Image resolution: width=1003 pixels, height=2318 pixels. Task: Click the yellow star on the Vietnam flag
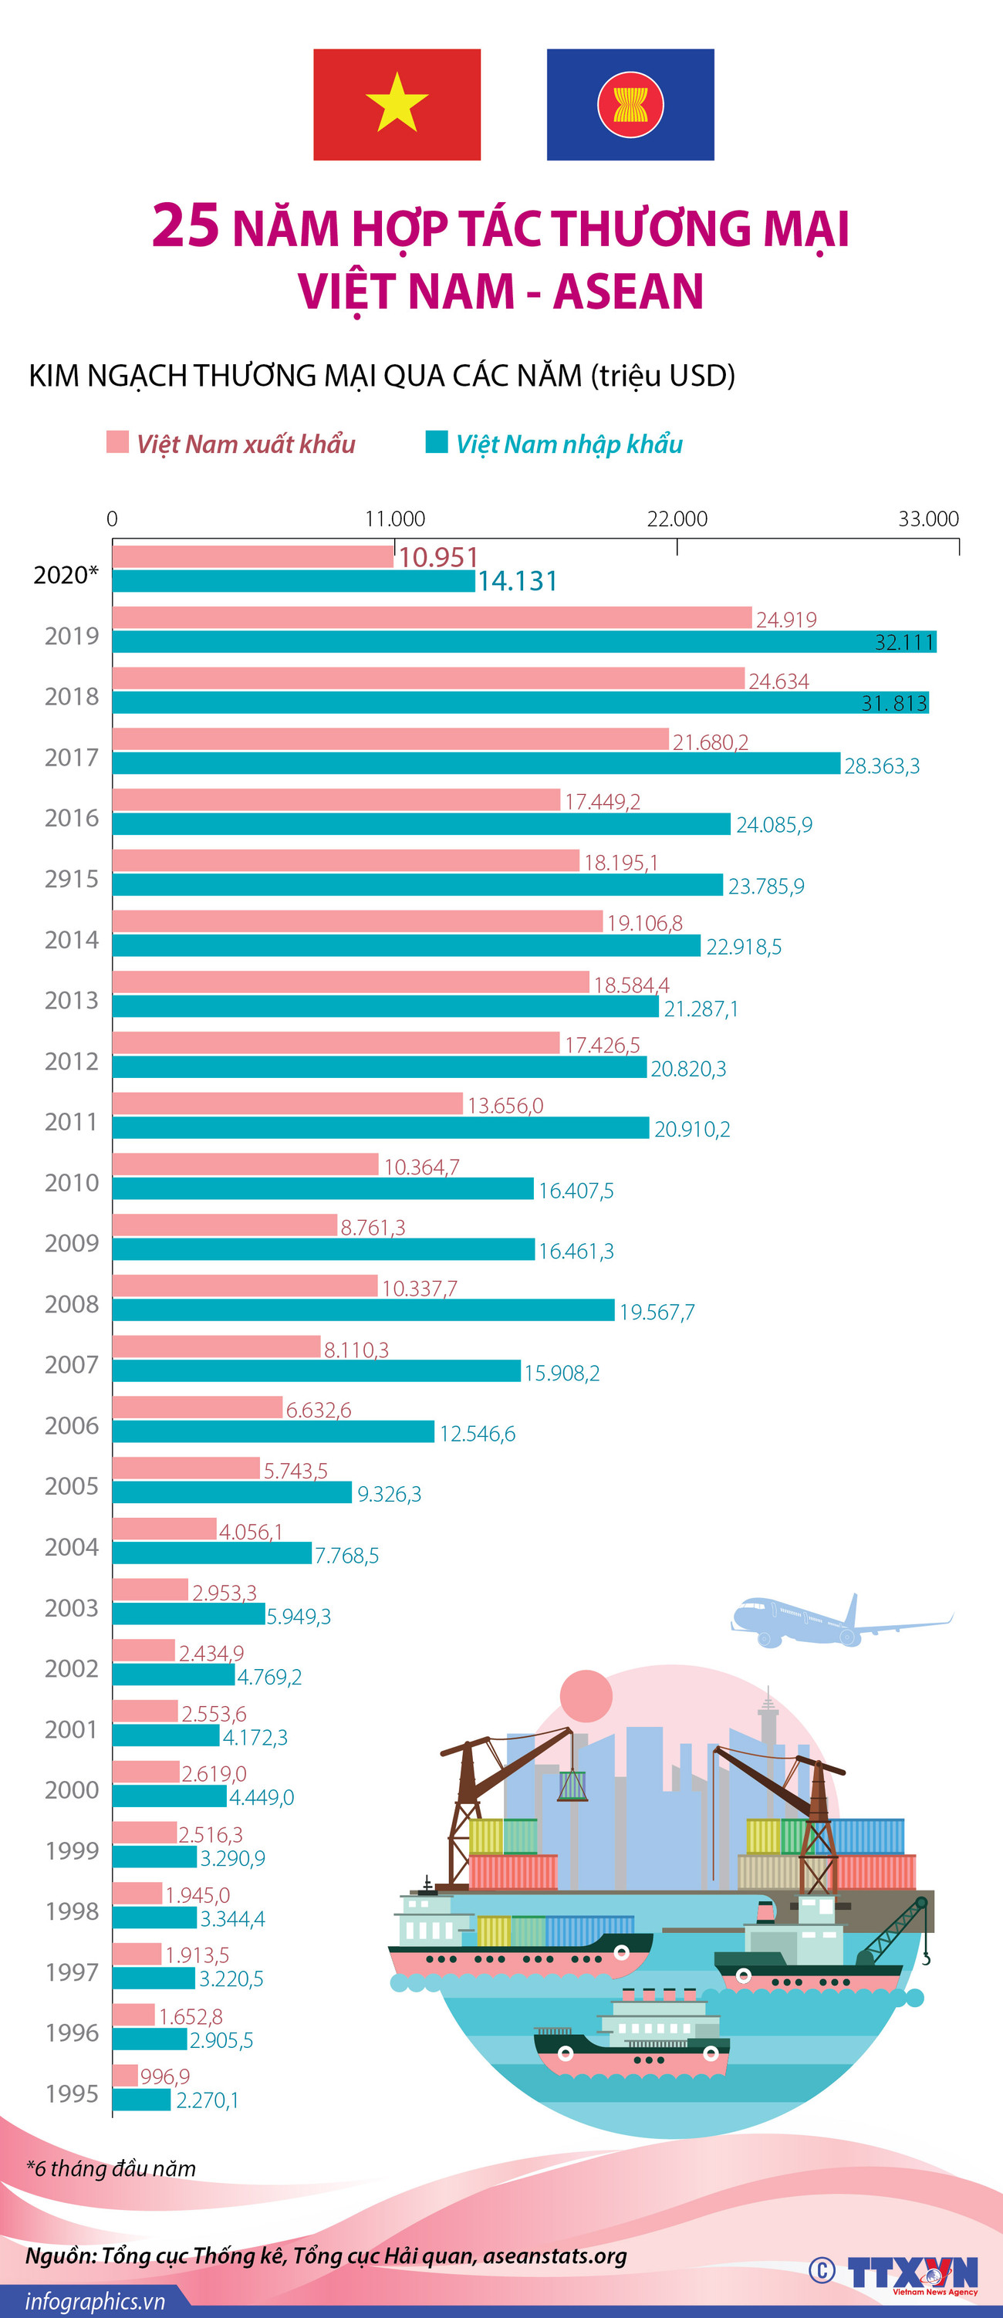[x=397, y=103]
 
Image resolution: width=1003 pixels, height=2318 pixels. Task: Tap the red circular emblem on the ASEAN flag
[x=630, y=104]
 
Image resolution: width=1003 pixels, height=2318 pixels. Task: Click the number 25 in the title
[x=185, y=225]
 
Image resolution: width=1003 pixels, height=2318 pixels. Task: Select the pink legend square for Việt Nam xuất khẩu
[x=118, y=442]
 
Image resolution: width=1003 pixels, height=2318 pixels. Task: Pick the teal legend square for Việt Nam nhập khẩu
[x=436, y=442]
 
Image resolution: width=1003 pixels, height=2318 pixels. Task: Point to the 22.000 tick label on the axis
[x=677, y=519]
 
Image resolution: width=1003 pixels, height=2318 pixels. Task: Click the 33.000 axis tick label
[x=928, y=519]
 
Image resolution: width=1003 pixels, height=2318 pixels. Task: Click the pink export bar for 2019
[x=432, y=617]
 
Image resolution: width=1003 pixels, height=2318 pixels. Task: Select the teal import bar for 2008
[x=363, y=1310]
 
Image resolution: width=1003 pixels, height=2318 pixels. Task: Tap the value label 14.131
[x=517, y=581]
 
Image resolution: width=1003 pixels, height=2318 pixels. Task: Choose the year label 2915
[x=72, y=879]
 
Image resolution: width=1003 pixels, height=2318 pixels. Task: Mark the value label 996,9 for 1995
[x=164, y=2076]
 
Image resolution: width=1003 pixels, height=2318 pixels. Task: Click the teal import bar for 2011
[x=380, y=1127]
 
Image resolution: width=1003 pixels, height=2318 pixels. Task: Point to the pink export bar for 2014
[x=357, y=921]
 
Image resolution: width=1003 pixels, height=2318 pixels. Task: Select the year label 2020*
[x=66, y=575]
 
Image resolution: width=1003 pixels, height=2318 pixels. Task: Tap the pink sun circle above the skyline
[x=586, y=1695]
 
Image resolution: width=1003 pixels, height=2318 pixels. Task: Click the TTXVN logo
[x=912, y=2274]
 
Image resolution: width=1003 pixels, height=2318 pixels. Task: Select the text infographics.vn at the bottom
[x=94, y=2302]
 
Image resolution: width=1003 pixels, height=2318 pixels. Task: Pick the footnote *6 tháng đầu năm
[x=110, y=2168]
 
